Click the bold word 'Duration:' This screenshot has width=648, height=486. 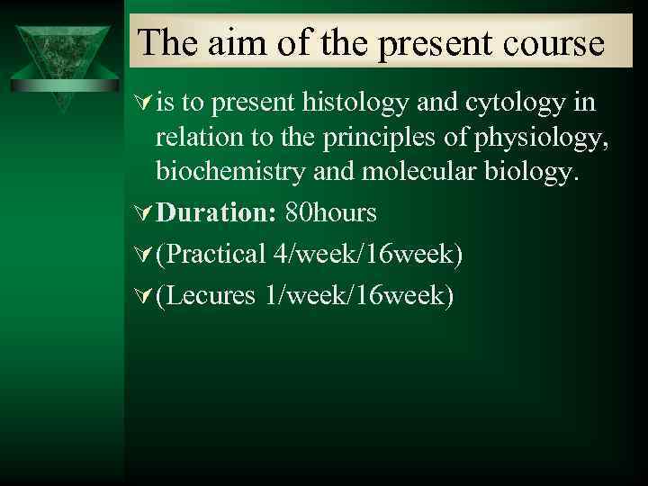tap(217, 213)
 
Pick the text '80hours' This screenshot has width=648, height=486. tap(330, 213)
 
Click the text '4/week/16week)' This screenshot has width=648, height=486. tap(368, 255)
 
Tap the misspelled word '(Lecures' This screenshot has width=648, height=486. tap(206, 295)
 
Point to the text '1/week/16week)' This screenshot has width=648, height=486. tap(358, 295)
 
